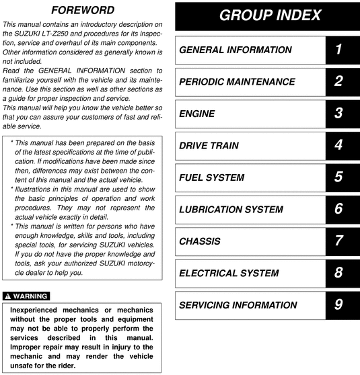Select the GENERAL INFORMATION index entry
coord(235,50)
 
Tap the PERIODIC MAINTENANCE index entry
coord(237,81)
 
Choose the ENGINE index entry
coord(196,114)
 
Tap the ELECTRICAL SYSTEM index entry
coord(228,274)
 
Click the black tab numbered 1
coord(338,50)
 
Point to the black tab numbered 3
coord(338,114)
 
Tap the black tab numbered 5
coord(338,177)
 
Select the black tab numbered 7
coord(338,241)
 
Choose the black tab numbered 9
coord(338,305)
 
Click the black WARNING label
coord(26,296)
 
